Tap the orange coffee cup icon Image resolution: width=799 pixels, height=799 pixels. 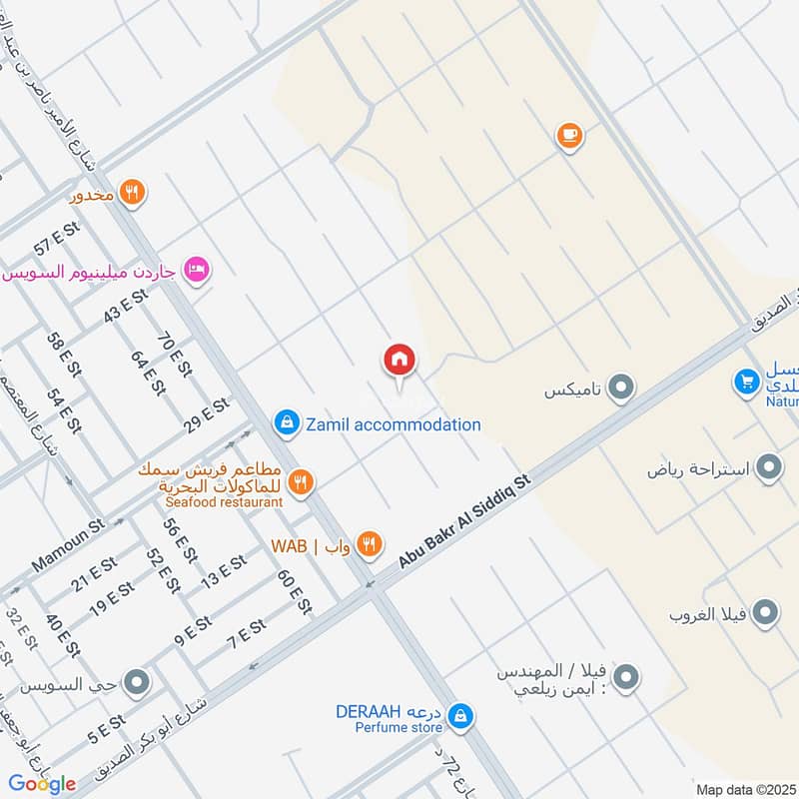coord(569,136)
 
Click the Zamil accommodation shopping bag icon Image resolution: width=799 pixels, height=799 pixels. coord(288,423)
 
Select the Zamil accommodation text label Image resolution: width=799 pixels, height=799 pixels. coord(394,424)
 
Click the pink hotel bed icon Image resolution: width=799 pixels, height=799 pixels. coord(198,271)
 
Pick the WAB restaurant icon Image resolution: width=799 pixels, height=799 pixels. coord(369,544)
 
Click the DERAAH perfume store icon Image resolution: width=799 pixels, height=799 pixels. coord(460,715)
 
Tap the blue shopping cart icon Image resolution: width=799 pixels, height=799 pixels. coord(746,382)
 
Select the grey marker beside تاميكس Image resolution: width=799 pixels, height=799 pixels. coord(621,389)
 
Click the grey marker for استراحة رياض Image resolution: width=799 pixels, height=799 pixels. coord(768,467)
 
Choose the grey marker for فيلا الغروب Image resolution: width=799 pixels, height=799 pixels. coord(765,612)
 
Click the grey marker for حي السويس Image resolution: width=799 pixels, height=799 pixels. coord(137,683)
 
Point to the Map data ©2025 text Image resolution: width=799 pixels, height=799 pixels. coord(744,789)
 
